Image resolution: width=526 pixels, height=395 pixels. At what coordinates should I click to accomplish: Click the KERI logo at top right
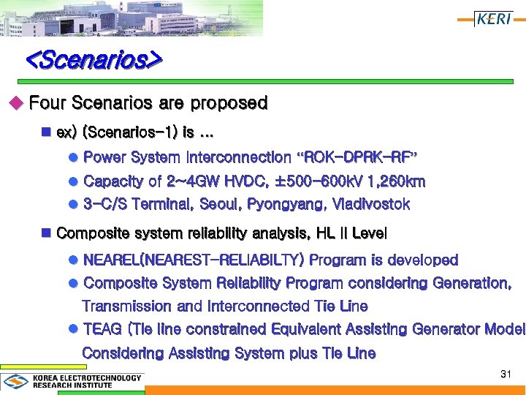493,19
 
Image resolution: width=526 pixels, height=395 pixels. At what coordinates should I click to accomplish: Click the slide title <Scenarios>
94,59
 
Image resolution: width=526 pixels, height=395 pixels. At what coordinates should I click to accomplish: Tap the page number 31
506,374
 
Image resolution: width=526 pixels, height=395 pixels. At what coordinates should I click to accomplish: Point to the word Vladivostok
371,204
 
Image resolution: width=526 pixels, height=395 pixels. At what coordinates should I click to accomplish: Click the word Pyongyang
288,204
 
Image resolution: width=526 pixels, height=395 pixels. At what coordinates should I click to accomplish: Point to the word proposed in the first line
227,103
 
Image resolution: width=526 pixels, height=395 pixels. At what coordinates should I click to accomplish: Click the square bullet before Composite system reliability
46,233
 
